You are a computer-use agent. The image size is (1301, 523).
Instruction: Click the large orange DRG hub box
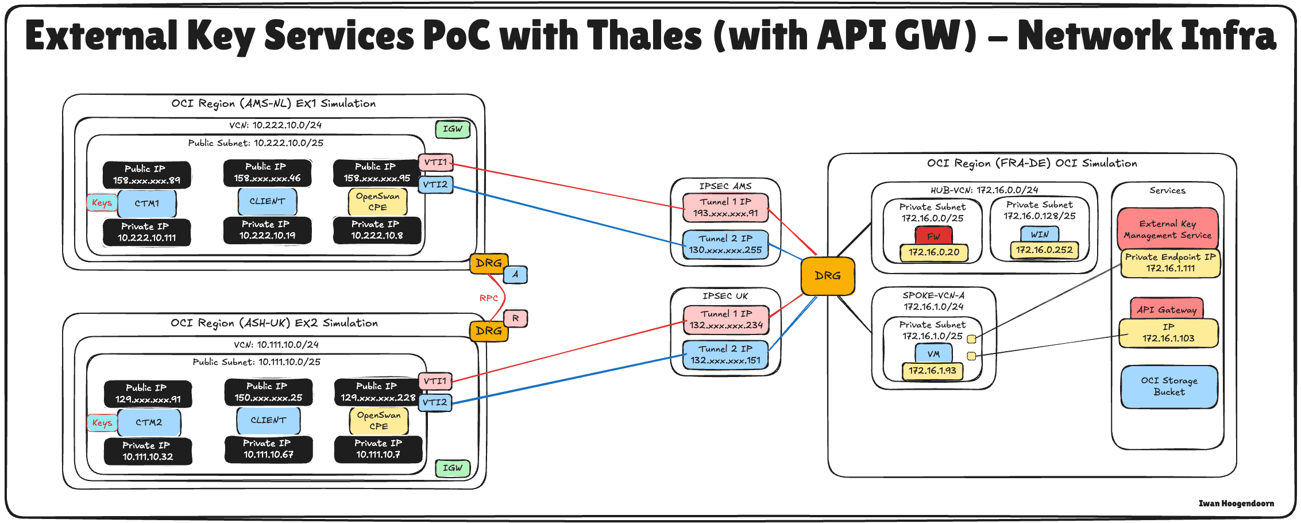tap(827, 276)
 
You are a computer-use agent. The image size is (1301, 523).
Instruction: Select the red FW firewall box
tap(933, 236)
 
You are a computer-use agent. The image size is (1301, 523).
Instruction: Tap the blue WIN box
tap(1040, 234)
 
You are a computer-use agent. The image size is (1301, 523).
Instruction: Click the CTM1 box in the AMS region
tap(147, 203)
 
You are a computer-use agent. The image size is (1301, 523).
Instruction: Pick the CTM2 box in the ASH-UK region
tap(149, 422)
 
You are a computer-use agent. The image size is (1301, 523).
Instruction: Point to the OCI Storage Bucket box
tap(1169, 387)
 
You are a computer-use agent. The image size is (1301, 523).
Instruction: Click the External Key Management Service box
tap(1168, 229)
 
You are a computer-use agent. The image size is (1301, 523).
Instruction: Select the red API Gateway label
tap(1167, 309)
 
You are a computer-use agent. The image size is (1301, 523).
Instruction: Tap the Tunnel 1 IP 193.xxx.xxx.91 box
tap(725, 207)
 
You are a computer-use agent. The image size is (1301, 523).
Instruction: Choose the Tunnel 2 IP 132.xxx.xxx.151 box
tap(725, 355)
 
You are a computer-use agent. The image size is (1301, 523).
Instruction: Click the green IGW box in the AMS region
tap(453, 129)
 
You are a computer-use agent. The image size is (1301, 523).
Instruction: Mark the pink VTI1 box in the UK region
tap(435, 381)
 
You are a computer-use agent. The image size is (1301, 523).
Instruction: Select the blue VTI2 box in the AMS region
tap(435, 185)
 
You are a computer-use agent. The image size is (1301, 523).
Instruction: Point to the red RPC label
tap(489, 298)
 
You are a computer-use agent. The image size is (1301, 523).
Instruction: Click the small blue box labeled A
tap(515, 275)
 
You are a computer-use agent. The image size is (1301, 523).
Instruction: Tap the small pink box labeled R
tap(515, 318)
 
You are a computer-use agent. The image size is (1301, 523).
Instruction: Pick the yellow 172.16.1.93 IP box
tap(932, 371)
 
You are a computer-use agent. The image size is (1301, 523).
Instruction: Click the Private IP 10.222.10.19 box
tap(267, 230)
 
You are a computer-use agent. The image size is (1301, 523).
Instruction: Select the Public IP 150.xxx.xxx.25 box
tap(268, 392)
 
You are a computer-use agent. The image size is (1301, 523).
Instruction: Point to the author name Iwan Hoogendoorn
tap(1236, 503)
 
